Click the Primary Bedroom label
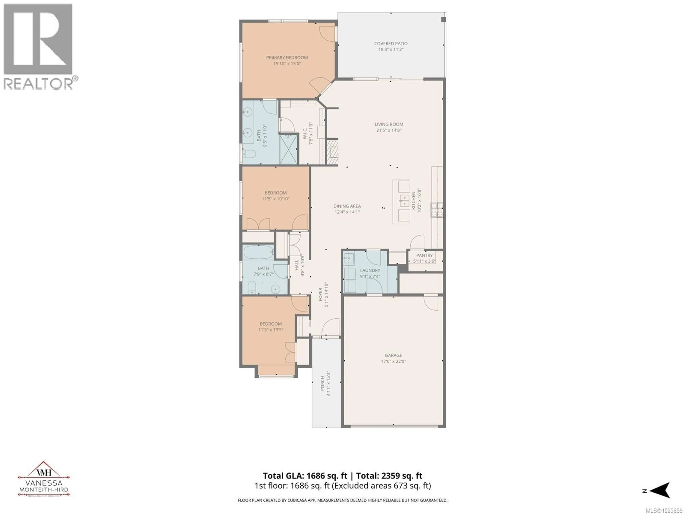(x=287, y=58)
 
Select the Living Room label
(x=389, y=124)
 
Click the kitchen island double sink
(x=404, y=201)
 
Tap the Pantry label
(x=424, y=255)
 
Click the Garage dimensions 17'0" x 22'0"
(x=393, y=361)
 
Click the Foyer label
(x=321, y=294)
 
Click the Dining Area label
(x=347, y=206)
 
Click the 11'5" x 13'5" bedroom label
(x=271, y=324)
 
